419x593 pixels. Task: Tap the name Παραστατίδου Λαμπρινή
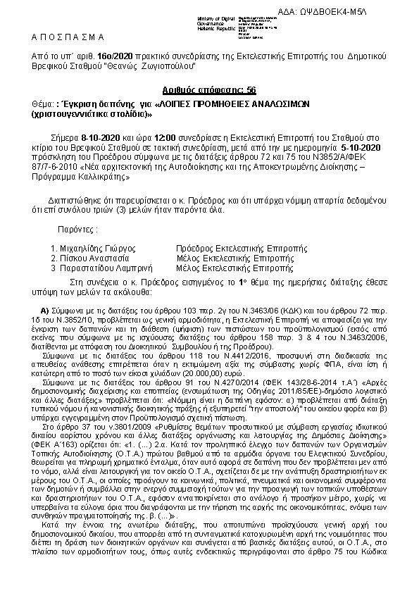coord(96,268)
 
